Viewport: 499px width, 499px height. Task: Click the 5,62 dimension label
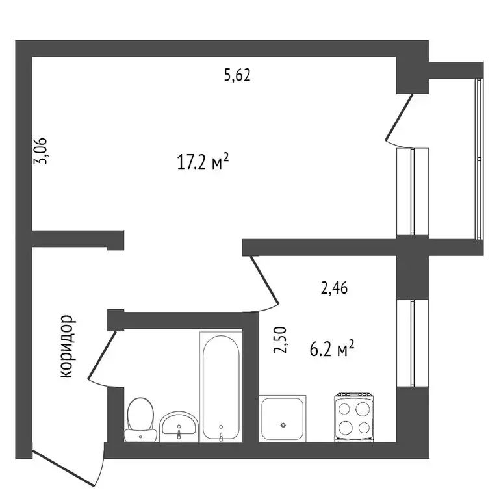pyautogui.click(x=237, y=75)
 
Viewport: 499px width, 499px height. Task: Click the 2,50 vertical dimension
pyautogui.click(x=281, y=340)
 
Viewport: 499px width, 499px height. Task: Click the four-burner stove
pyautogui.click(x=353, y=418)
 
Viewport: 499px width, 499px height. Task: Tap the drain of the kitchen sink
pyautogui.click(x=283, y=425)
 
